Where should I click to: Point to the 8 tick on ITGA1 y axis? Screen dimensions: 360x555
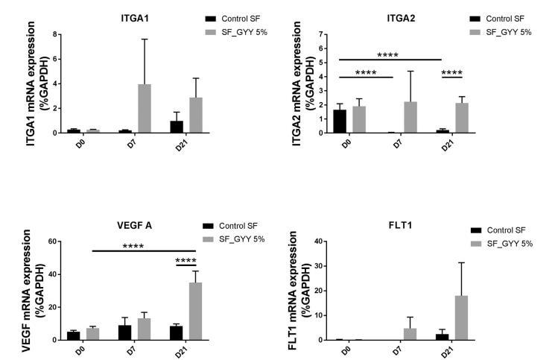53,34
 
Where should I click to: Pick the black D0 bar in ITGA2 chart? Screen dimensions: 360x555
339,121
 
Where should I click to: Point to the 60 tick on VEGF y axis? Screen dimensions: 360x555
52,241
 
